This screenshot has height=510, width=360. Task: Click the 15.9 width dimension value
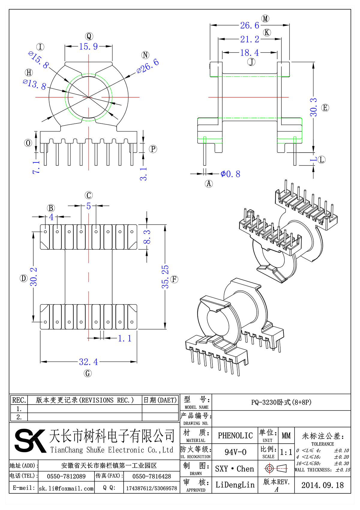pyautogui.click(x=88, y=47)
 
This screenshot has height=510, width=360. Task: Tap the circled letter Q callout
pyautogui.click(x=89, y=36)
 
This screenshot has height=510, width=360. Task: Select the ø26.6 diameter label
pyautogui.click(x=147, y=66)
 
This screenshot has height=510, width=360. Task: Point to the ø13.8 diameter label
pyautogui.click(x=35, y=84)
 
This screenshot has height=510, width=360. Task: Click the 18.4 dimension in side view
pyautogui.click(x=249, y=53)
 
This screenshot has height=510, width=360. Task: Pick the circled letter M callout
pyautogui.click(x=265, y=19)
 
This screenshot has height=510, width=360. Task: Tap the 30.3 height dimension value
pyautogui.click(x=313, y=107)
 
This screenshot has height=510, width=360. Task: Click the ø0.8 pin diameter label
pyautogui.click(x=230, y=174)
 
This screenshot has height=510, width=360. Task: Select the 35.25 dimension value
pyautogui.click(x=165, y=277)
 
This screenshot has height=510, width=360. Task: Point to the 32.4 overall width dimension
pyautogui.click(x=88, y=362)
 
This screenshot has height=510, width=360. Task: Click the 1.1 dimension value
pyautogui.click(x=124, y=338)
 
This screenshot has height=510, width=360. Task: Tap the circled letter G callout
pyautogui.click(x=88, y=373)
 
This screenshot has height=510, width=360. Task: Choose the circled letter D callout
pyautogui.click(x=24, y=278)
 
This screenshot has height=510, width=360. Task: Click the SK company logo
pyautogui.click(x=30, y=441)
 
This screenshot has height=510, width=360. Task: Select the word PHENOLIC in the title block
pyautogui.click(x=235, y=436)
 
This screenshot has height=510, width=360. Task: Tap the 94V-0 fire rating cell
pyautogui.click(x=235, y=452)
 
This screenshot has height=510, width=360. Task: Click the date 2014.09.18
pyautogui.click(x=322, y=485)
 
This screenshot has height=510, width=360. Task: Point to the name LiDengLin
pyautogui.click(x=235, y=485)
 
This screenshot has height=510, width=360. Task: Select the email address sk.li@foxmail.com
pyautogui.click(x=66, y=488)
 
